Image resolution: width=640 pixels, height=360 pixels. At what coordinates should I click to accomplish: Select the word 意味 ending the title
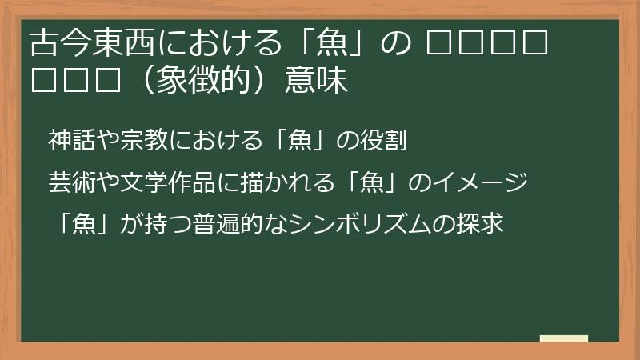tap(316, 82)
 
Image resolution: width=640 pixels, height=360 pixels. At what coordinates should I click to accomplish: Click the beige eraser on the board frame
tap(565, 338)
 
